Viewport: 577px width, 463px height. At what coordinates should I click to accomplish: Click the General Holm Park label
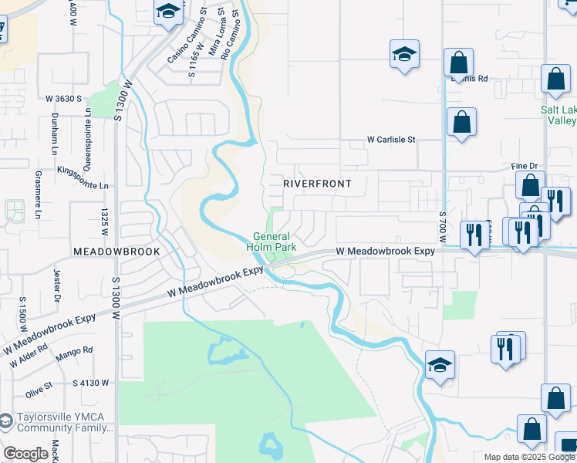coord(271,242)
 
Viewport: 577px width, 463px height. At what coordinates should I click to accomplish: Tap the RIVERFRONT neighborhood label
coord(317,184)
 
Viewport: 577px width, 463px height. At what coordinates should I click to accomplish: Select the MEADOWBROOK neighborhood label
coord(116,252)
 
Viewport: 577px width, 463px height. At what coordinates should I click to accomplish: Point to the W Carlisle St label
coord(391,140)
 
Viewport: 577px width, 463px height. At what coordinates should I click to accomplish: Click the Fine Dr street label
coord(524,166)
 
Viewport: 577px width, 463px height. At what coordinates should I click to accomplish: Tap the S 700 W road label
coord(443,225)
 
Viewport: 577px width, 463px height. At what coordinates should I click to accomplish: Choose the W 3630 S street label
coord(63,99)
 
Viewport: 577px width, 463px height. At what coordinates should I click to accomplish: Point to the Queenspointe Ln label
coord(89,127)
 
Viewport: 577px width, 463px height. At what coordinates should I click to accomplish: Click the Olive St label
coord(38,384)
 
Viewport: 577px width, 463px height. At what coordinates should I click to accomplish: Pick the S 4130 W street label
coord(91,382)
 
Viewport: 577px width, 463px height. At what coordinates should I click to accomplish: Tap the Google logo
coord(25,455)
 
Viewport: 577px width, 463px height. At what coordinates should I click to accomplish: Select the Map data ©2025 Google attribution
coord(528,457)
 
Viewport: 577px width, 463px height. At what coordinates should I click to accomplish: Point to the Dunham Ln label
coord(56,123)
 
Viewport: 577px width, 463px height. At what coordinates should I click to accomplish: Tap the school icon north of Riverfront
coord(403,55)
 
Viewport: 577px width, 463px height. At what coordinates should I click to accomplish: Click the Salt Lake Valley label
coord(558,115)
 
